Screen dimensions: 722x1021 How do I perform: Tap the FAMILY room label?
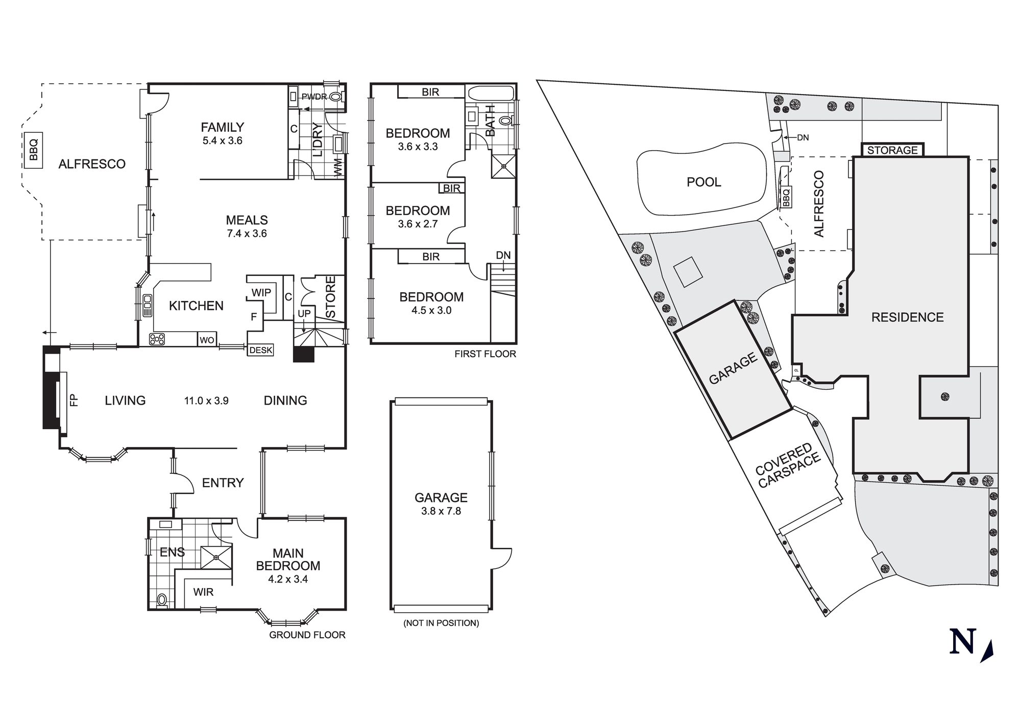click(x=222, y=127)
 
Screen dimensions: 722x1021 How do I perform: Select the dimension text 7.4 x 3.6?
click(x=247, y=234)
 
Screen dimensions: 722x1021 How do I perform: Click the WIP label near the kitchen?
click(x=261, y=293)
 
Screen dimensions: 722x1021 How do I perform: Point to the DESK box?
click(x=260, y=351)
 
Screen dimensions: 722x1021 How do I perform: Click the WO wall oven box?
click(x=207, y=340)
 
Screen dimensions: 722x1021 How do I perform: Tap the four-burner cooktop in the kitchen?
click(x=157, y=339)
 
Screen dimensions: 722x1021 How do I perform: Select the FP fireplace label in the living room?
click(x=75, y=400)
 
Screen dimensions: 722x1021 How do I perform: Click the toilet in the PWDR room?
click(x=335, y=97)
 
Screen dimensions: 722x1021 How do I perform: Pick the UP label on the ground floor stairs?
click(x=304, y=313)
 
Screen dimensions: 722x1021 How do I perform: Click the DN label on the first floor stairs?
click(x=503, y=255)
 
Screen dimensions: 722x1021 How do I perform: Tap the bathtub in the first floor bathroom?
click(x=491, y=94)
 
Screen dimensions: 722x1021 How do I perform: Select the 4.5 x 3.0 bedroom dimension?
click(x=431, y=310)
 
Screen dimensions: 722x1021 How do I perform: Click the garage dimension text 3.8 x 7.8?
click(x=441, y=511)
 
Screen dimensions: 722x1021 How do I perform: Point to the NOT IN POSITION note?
click(x=441, y=623)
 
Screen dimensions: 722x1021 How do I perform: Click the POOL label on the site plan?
click(x=703, y=182)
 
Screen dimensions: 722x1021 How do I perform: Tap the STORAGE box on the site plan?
click(x=892, y=150)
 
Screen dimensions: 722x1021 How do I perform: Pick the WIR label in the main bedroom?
click(x=203, y=592)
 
